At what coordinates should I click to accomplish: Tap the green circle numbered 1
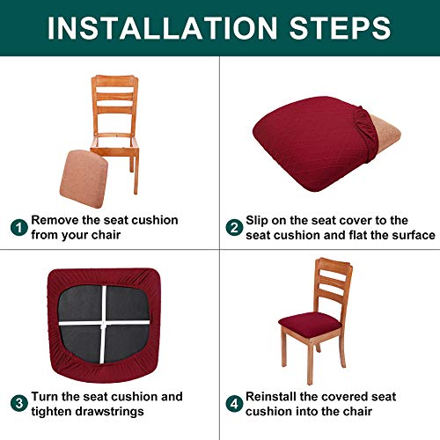[18, 228]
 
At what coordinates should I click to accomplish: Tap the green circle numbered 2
[234, 228]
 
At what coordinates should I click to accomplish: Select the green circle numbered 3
[18, 405]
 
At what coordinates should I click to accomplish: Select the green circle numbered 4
[234, 405]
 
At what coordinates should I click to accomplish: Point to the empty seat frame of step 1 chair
[123, 140]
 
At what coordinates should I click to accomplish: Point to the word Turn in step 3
[47, 397]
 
